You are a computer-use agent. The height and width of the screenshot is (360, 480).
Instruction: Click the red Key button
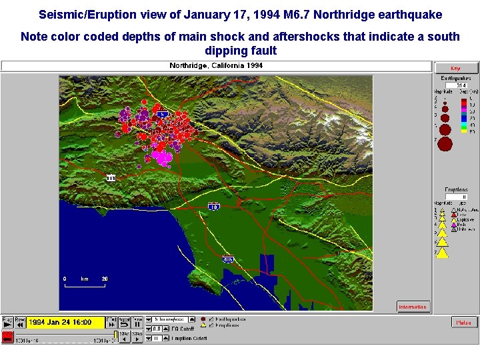pos(456,68)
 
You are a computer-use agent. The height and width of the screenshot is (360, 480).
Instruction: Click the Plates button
pos(463,323)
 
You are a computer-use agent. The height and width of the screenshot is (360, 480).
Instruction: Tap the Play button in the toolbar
pos(7,321)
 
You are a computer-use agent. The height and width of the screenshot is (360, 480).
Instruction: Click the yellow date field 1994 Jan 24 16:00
pos(66,323)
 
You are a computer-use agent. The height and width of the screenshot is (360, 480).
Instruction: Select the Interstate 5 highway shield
pos(163,115)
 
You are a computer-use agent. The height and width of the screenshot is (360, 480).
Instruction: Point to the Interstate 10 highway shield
pos(213,207)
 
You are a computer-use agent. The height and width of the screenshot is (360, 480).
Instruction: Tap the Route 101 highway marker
pos(111,178)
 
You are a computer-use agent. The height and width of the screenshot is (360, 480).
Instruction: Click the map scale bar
pos(85,285)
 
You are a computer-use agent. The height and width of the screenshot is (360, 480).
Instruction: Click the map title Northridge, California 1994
pos(216,65)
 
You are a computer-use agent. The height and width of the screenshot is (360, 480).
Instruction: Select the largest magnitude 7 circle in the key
pos(445,143)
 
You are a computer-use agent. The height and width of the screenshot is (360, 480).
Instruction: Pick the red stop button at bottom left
pos(7,337)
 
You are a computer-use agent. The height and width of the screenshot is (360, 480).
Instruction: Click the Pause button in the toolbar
pos(137,321)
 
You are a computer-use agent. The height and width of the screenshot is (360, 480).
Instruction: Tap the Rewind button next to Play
pos(20,321)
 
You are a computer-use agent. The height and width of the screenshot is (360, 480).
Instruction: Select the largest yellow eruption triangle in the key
pos(442,251)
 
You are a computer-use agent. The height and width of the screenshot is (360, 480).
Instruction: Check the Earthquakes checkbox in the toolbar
pos(211,319)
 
